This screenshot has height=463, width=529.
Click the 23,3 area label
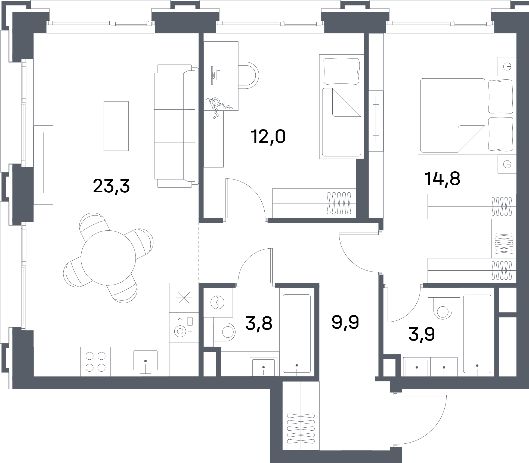point(111,186)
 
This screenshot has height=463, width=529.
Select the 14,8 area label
point(442,179)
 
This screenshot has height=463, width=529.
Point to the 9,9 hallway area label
point(345,322)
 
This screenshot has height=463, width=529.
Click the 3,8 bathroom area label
point(259,323)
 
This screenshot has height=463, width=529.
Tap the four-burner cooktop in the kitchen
point(95,362)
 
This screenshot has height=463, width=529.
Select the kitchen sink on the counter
point(146,361)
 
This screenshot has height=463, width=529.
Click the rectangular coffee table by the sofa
point(116,126)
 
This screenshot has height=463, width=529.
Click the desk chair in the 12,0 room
point(249,75)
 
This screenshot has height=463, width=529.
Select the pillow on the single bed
point(341,71)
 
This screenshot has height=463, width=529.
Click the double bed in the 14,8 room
point(467,115)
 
